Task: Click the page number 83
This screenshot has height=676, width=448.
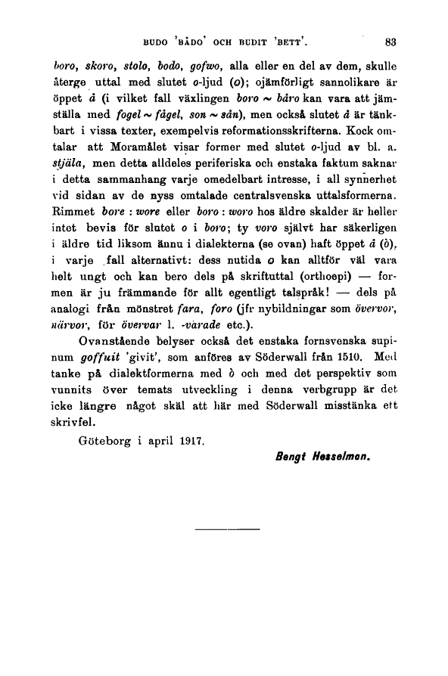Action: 391,43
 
